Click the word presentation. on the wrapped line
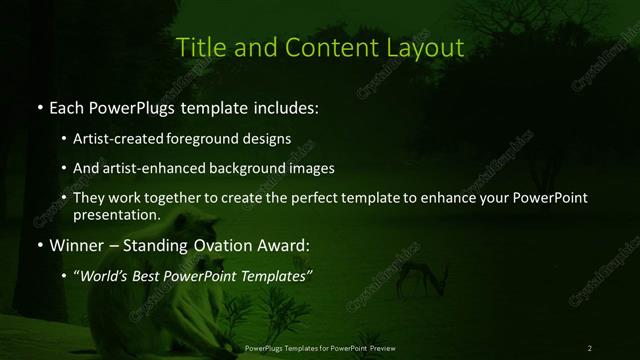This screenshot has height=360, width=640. pyautogui.click(x=117, y=214)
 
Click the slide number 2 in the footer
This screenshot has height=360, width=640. pyautogui.click(x=589, y=348)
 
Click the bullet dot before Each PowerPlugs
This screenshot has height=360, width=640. pyautogui.click(x=39, y=107)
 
